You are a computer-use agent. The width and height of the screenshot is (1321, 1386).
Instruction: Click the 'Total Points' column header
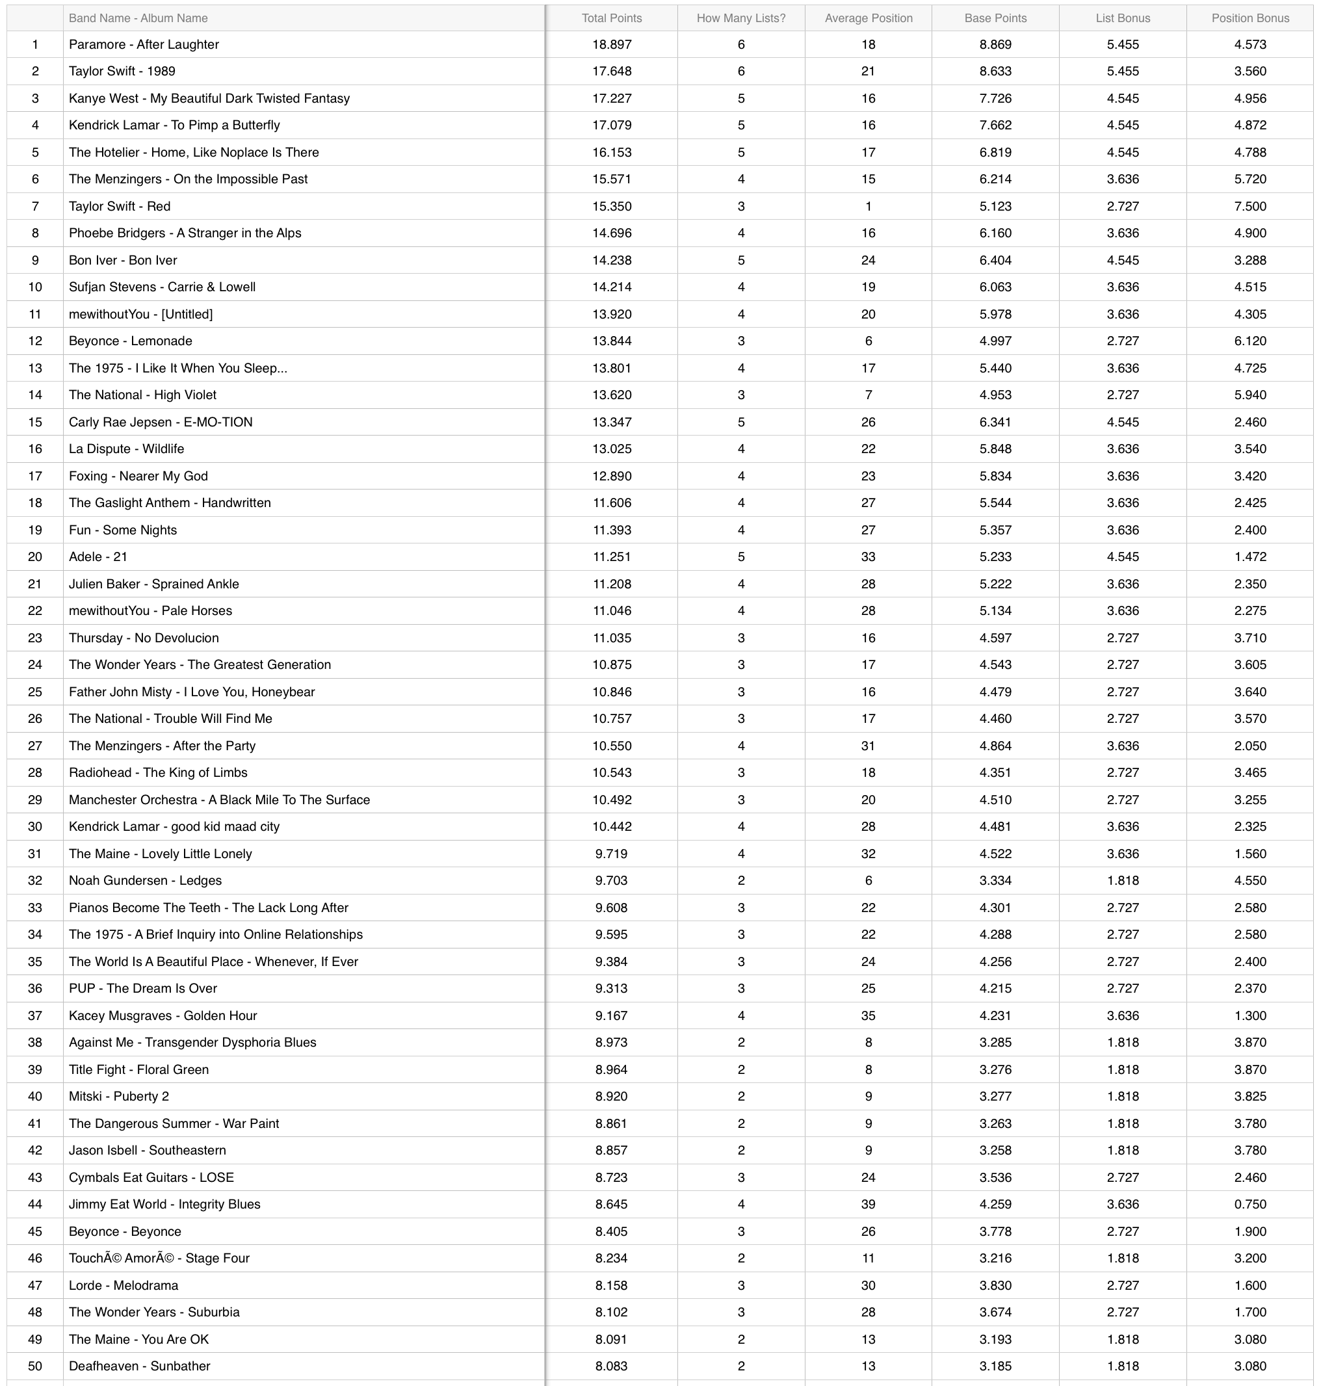pos(611,18)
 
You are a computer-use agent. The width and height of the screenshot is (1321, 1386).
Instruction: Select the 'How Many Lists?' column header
pos(740,18)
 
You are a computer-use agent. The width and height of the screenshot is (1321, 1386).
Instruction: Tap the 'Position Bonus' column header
pos(1250,18)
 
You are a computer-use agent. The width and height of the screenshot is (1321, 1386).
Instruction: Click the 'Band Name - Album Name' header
pos(138,18)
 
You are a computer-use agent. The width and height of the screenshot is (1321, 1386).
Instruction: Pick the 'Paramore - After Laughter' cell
pos(144,44)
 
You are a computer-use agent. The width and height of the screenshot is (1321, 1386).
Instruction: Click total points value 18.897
pos(611,44)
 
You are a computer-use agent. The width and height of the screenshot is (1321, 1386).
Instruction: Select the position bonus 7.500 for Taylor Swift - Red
pos(1250,206)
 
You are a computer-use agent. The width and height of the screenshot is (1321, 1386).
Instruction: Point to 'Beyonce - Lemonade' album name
pos(130,341)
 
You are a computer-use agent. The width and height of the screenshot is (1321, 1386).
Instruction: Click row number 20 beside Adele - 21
pos(35,556)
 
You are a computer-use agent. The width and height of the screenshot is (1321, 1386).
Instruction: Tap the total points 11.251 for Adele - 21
pos(611,556)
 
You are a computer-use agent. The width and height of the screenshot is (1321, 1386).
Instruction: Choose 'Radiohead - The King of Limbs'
pos(158,772)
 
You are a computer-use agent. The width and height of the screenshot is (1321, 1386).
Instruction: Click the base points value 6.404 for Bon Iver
pos(995,260)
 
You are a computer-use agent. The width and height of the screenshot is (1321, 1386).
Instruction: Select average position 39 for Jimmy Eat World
pos(869,1204)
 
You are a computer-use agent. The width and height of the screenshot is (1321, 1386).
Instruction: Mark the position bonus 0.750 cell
pos(1250,1204)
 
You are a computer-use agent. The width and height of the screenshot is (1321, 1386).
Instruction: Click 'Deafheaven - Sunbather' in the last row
pos(139,1366)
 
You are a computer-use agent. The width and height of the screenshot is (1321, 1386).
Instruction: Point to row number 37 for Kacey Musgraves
pos(35,1015)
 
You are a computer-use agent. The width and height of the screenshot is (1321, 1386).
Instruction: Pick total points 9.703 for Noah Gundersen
pos(611,880)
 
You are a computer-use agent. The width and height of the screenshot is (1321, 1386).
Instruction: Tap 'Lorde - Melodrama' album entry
pos(124,1285)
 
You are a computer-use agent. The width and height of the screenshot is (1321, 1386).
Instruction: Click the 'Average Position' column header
pos(869,18)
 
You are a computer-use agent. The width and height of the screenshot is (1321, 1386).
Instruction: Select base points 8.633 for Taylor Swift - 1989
pos(995,71)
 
